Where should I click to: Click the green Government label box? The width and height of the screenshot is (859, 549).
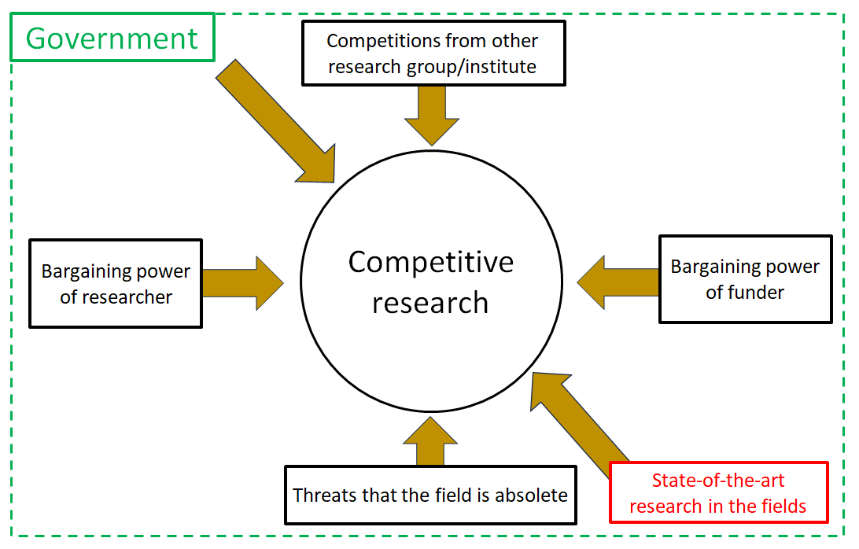[112, 38]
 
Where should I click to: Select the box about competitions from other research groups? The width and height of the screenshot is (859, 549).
[433, 53]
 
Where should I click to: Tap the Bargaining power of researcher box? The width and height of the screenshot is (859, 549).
[116, 283]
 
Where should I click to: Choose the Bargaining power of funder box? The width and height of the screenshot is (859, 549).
[745, 279]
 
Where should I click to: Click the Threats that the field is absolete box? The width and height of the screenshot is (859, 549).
[430, 496]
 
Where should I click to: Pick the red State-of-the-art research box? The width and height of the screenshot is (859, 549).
[718, 493]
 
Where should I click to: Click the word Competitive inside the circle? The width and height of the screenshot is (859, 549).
[431, 262]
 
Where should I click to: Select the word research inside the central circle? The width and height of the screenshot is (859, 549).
[430, 303]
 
